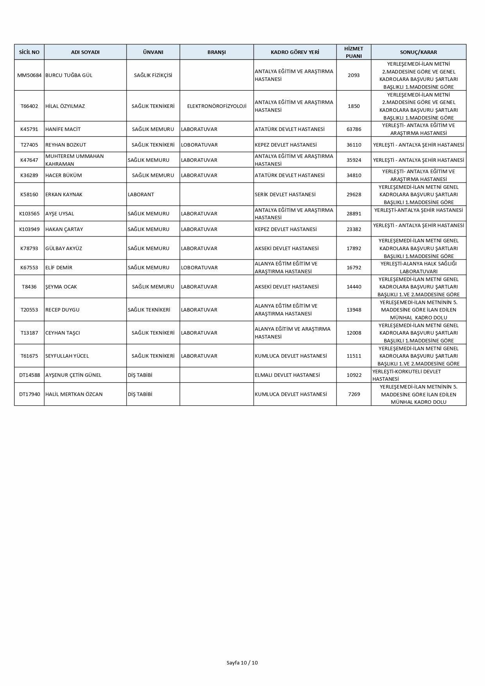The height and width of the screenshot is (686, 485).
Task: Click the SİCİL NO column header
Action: coord(29,52)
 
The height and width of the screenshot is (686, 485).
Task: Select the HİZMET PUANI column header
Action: coord(354,52)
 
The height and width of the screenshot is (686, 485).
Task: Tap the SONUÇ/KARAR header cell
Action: coord(419,52)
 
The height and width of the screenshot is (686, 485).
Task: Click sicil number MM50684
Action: coord(29,75)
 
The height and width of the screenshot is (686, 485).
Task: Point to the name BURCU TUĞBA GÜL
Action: coord(69,75)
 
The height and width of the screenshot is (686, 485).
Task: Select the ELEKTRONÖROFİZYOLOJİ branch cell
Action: coord(217,106)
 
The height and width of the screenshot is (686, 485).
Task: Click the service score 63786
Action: coord(354,129)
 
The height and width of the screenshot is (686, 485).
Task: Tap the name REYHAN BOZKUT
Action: coord(66,145)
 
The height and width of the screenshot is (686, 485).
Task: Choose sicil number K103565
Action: coord(29,213)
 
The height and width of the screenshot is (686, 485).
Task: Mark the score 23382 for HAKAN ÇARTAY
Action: coord(354,229)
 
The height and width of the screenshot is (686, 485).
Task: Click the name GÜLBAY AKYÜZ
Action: coord(64,248)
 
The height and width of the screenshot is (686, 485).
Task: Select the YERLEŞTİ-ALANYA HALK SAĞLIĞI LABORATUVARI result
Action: coord(419,267)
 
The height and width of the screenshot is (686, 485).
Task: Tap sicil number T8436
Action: coord(29,287)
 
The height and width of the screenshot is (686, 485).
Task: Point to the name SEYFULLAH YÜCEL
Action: coord(67,356)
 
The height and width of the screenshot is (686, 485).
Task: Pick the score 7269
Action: coord(354,394)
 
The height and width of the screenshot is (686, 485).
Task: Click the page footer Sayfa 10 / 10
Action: coord(242,663)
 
